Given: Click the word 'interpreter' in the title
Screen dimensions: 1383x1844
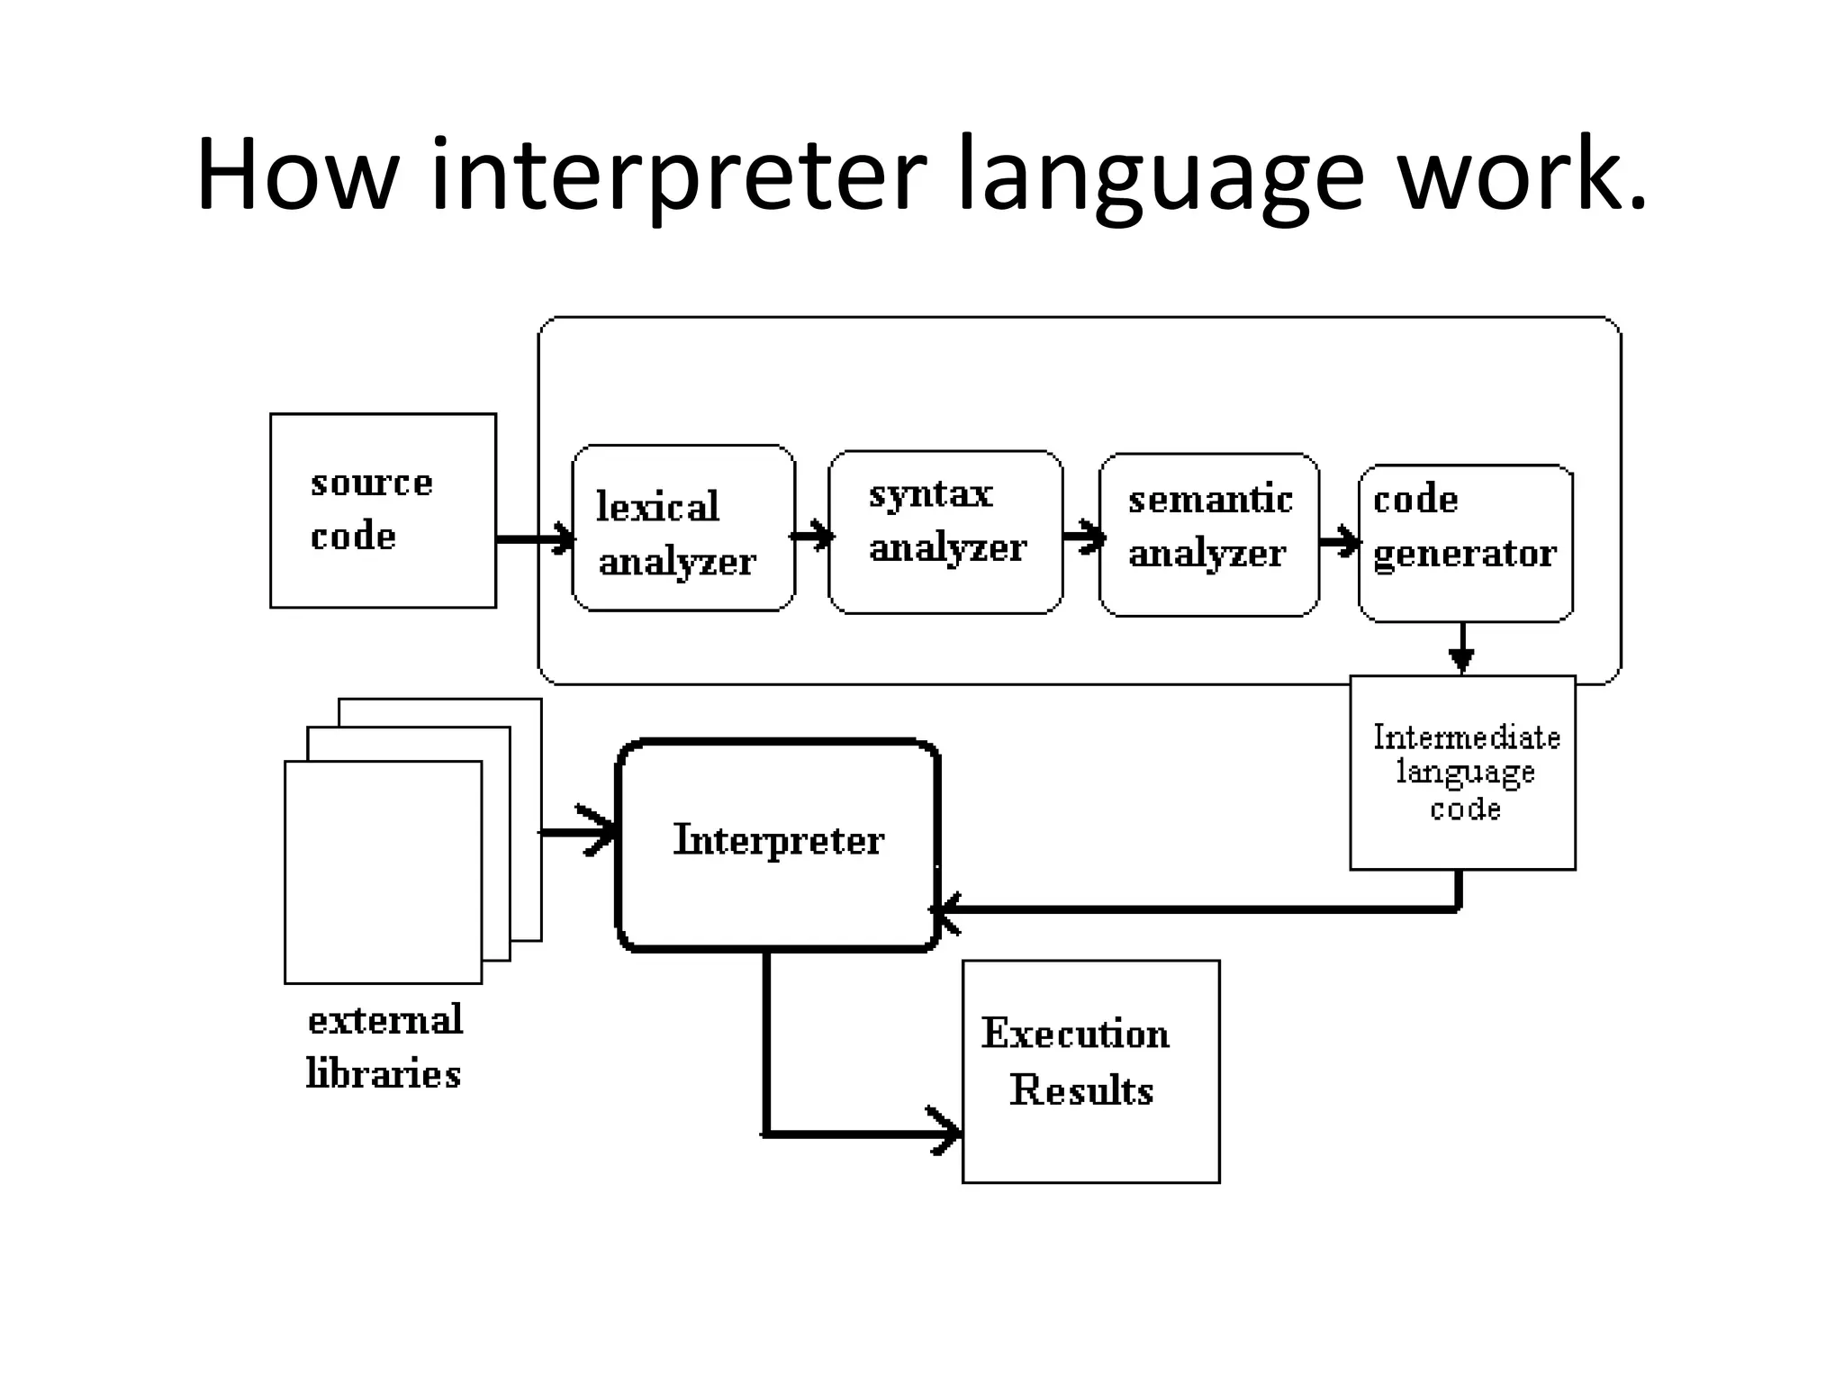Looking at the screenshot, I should point(678,176).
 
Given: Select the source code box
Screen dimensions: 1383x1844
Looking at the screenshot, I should point(383,511).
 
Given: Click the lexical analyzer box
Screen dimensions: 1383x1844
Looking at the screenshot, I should point(683,529).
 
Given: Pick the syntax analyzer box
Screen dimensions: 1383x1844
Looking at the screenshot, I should point(945,532).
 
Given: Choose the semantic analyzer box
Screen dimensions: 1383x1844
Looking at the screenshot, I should point(1208,535).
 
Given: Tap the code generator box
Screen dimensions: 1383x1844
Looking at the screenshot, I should point(1465,543).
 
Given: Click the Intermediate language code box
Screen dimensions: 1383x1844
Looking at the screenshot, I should point(1462,773).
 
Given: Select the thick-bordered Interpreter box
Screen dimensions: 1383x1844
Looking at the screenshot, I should point(778,844).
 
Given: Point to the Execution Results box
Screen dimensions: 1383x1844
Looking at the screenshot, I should point(1090,1071).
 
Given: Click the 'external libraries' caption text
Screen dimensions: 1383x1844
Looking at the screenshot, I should point(384,1046).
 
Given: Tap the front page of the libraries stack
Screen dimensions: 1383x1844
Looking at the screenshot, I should point(383,872).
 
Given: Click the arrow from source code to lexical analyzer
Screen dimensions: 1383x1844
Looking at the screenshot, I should point(535,538).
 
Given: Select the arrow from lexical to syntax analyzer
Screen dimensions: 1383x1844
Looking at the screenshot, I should point(813,536).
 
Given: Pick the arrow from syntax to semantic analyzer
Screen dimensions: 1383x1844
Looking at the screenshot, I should point(1083,537).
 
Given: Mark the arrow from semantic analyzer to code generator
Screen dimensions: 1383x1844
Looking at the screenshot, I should point(1340,541).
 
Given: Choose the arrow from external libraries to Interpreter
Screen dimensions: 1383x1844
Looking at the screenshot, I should point(579,831).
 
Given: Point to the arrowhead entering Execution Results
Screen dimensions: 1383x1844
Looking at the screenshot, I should point(945,1133).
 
